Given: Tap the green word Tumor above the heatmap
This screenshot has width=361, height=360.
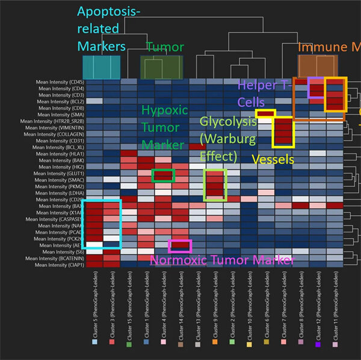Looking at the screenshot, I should (x=165, y=47).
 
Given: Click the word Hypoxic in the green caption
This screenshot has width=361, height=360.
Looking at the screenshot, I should (x=164, y=111).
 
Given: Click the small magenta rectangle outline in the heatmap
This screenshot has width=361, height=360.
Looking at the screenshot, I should (x=180, y=245).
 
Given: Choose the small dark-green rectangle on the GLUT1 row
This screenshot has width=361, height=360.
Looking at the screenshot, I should (x=163, y=175).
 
